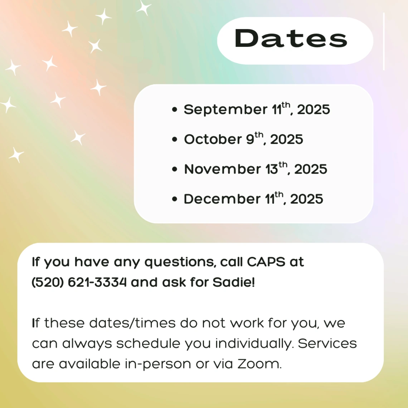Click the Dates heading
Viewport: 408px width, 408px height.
(291, 39)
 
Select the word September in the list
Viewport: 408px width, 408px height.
(225, 110)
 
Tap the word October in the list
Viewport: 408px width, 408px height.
(213, 139)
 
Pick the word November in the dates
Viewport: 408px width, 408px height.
(222, 169)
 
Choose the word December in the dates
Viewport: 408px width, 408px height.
(222, 199)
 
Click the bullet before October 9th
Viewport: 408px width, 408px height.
(175, 140)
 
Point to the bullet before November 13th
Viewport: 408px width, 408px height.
(175, 169)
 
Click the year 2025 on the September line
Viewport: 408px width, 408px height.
(314, 110)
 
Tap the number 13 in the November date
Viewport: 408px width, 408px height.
(272, 169)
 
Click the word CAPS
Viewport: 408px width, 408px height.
(266, 262)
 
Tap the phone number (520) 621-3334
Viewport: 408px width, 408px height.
(79, 282)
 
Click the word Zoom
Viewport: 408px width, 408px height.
(259, 364)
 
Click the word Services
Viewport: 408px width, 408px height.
(327, 344)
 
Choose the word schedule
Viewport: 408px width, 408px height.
(148, 344)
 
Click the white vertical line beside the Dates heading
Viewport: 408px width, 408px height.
(384, 42)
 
